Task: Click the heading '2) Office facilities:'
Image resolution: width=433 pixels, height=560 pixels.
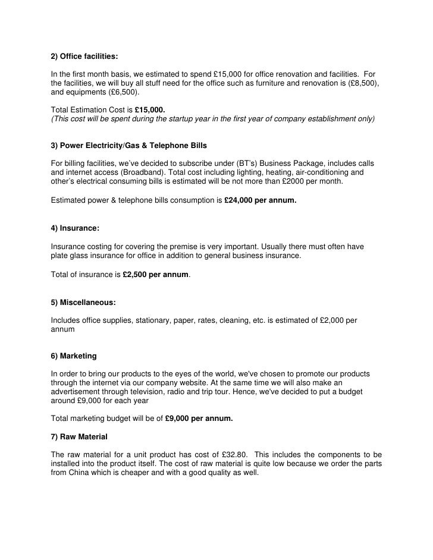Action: point(84,56)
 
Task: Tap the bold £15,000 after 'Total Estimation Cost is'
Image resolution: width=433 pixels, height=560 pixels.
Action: point(150,110)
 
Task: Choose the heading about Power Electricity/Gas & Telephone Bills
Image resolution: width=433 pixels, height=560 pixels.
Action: point(129,146)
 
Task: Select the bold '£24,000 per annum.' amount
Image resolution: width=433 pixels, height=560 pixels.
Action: point(260,200)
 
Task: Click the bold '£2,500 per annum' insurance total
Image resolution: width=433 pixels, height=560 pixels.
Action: point(155,275)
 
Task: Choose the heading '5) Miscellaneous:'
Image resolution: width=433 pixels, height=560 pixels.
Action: point(83,303)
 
